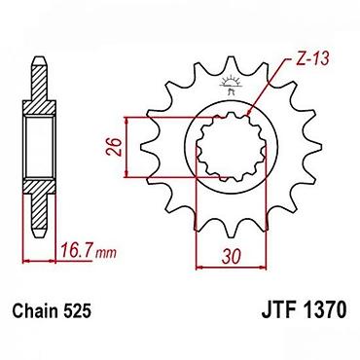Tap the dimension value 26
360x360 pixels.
coord(114,147)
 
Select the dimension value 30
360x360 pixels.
coord(232,256)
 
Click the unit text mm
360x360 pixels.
coord(106,253)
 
